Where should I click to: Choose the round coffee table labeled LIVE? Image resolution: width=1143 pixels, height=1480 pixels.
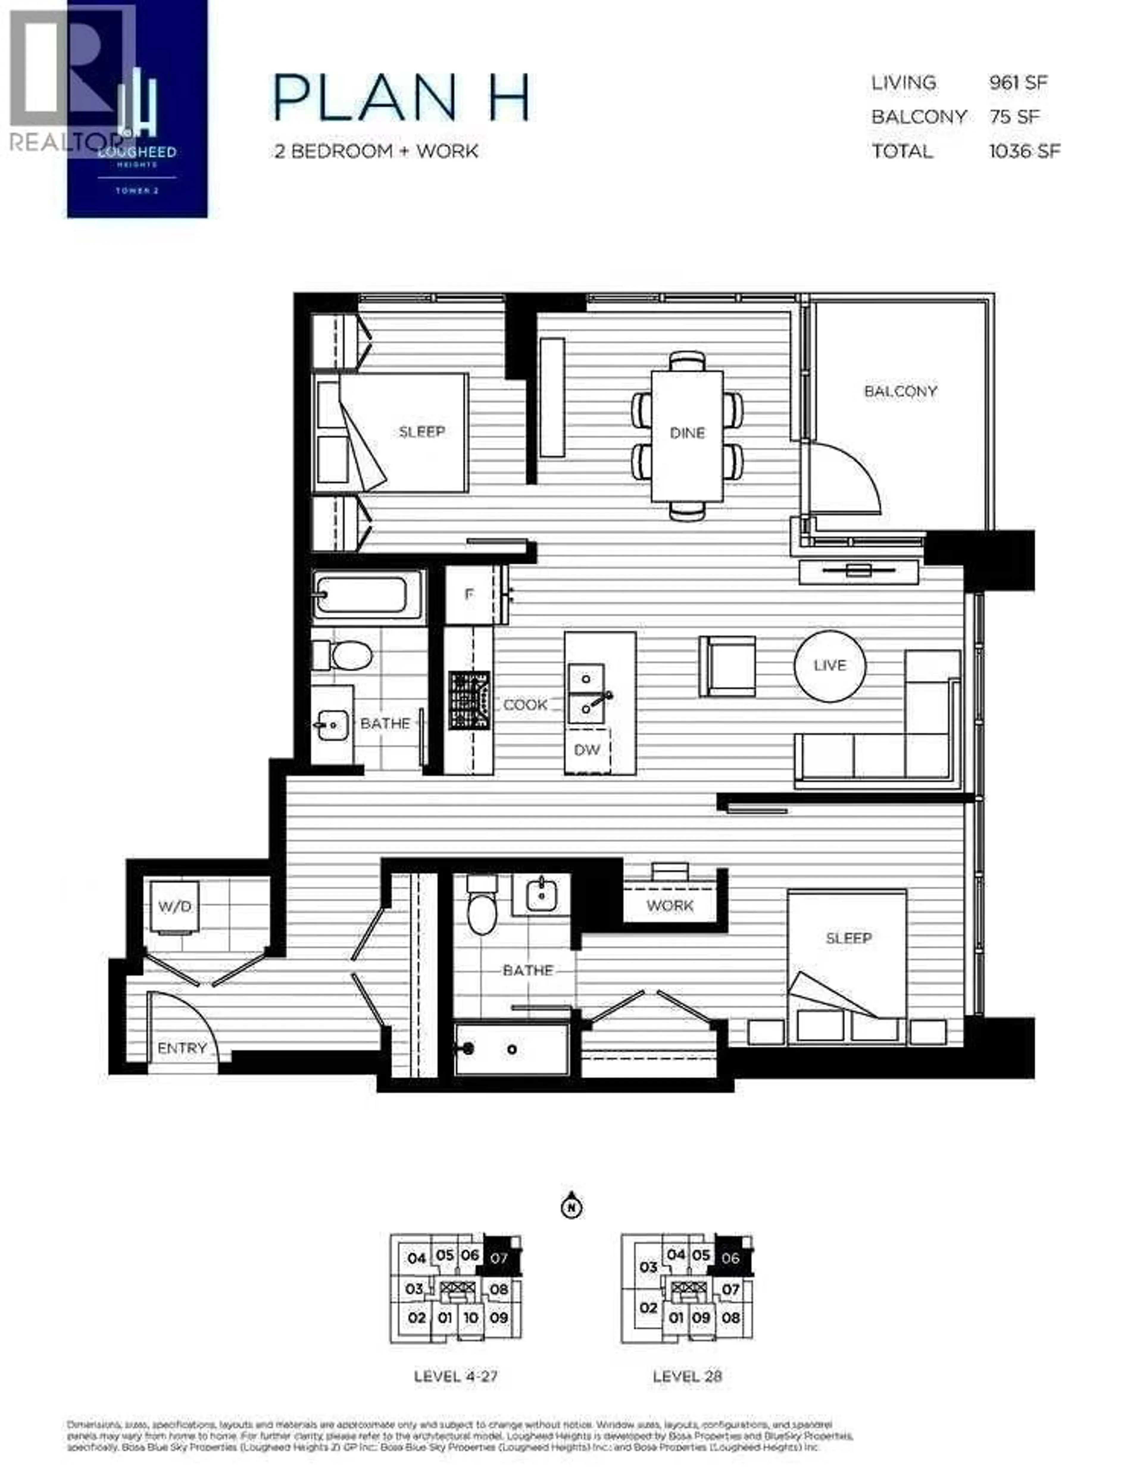tap(829, 666)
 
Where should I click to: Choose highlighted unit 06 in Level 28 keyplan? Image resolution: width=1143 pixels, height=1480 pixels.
tap(730, 1259)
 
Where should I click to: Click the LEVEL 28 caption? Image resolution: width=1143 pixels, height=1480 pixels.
tap(687, 1376)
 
